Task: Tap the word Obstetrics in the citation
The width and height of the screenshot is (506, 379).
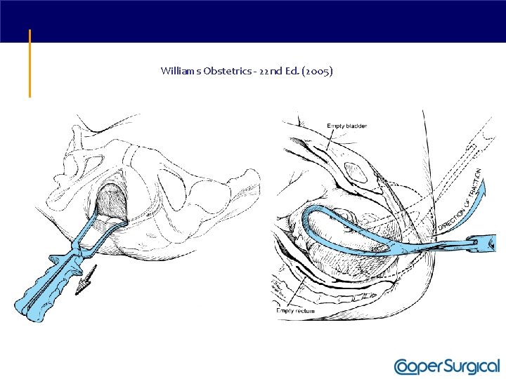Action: tap(225, 71)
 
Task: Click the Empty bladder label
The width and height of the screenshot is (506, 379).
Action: tap(346, 126)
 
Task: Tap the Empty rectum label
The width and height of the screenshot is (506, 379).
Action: tap(295, 310)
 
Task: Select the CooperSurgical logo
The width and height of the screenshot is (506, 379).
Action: tap(447, 366)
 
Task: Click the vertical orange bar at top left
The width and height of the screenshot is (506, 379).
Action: tap(30, 62)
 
